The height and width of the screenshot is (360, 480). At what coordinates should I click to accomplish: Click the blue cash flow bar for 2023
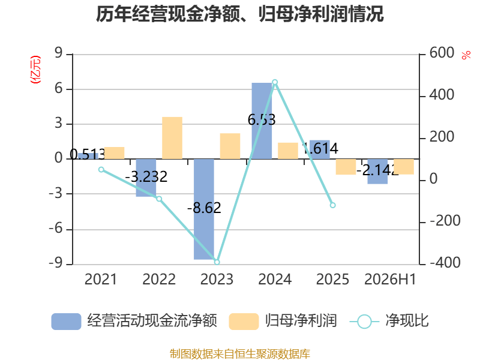pos(204,209)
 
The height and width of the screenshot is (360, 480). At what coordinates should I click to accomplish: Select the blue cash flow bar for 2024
pos(262,121)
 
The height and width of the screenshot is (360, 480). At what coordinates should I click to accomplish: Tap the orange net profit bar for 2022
pos(172,138)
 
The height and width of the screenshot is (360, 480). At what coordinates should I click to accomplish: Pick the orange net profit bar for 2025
pos(346,167)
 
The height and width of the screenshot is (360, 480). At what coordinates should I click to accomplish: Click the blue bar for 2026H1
pos(377,172)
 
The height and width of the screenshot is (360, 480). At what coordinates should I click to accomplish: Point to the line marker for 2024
pos(275,82)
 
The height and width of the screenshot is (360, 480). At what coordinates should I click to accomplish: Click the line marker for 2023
pos(217,262)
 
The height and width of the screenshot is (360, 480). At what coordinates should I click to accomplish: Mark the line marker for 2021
pos(101,170)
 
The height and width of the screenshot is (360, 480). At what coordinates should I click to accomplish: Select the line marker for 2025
pos(333,205)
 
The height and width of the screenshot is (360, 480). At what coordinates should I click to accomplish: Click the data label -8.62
pos(204,208)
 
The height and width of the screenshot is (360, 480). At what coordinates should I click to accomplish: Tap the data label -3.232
pos(146,176)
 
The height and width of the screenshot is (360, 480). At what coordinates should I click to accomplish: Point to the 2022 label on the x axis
pos(159,279)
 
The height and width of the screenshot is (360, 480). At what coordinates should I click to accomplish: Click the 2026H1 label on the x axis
pos(391,279)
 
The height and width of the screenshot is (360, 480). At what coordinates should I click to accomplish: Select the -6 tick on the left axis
pos(56,229)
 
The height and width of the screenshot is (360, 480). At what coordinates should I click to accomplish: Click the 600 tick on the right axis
pos(442,53)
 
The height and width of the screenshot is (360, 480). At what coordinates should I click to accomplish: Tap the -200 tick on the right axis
pos(445,221)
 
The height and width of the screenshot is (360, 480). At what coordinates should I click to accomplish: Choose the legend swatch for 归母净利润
pos(244,321)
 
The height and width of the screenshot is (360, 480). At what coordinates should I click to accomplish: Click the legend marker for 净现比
pos(364,322)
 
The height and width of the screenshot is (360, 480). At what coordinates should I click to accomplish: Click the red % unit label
pos(466,55)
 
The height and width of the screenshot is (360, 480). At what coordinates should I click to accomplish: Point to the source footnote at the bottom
pos(240,354)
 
